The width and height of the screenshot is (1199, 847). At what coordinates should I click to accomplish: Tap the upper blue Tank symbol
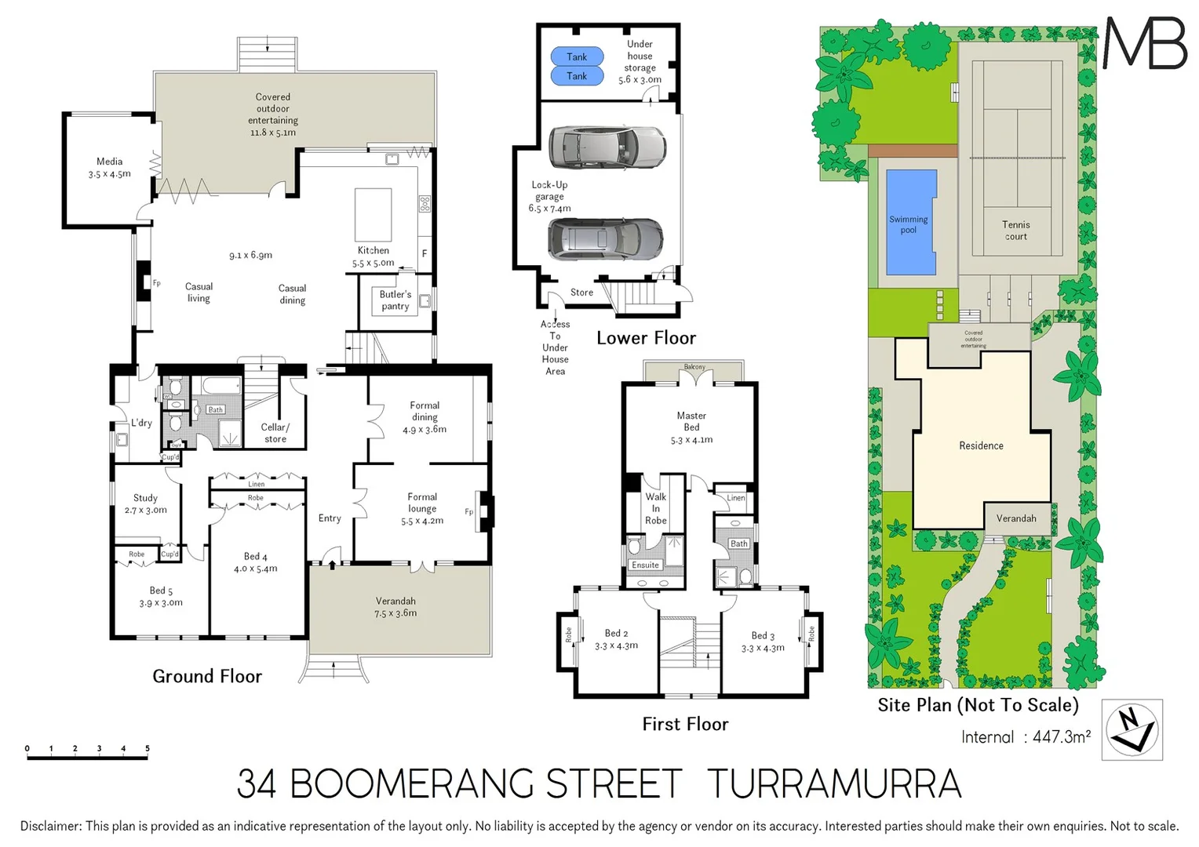(x=577, y=56)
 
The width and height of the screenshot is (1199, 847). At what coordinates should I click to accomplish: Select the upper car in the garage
(x=607, y=147)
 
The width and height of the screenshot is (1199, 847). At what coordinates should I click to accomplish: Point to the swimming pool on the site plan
(x=910, y=223)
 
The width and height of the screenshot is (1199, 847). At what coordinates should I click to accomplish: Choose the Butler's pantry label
(x=395, y=300)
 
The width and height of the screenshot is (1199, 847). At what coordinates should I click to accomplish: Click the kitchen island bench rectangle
(x=373, y=214)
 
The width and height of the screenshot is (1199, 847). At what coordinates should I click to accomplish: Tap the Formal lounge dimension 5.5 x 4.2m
(x=422, y=521)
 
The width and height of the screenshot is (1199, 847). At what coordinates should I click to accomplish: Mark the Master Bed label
(x=691, y=421)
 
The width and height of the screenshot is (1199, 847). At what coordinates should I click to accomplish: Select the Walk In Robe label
(x=656, y=508)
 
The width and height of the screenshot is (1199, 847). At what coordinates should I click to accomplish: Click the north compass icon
(x=1132, y=729)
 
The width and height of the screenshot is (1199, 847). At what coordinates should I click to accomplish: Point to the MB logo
(x=1145, y=43)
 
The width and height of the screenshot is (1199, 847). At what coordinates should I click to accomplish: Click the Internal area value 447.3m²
(x=1062, y=737)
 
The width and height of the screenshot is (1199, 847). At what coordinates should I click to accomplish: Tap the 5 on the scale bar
(x=147, y=748)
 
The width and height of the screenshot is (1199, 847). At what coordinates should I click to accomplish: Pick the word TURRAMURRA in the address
(x=833, y=783)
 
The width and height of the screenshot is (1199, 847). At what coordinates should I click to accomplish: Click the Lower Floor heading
(x=646, y=338)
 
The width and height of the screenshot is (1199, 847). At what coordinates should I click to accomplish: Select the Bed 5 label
(x=161, y=591)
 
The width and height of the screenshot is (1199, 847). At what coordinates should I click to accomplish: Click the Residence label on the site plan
(x=981, y=445)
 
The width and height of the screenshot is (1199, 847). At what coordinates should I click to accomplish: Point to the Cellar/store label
(x=275, y=433)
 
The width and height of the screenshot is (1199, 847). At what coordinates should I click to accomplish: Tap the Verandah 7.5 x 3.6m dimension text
(x=395, y=613)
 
